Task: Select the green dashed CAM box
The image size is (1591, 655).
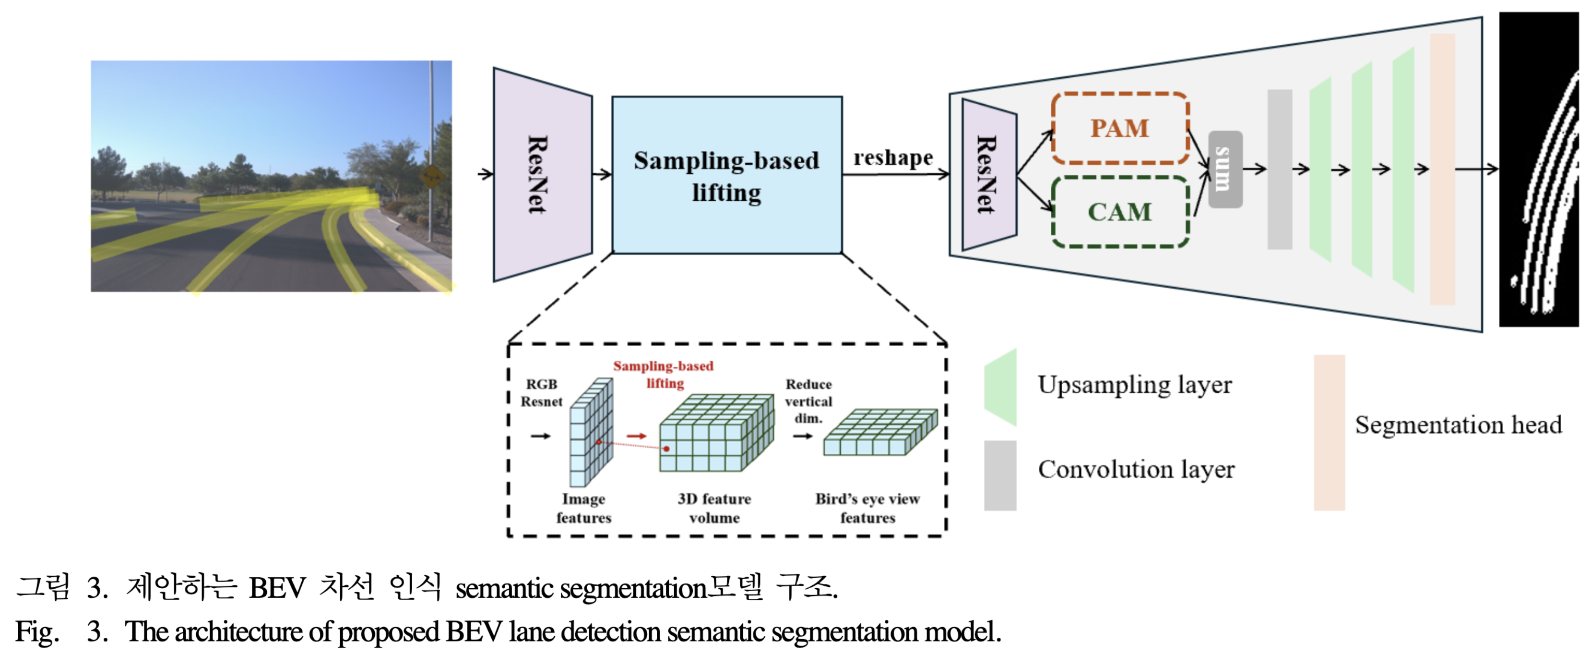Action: click(1120, 212)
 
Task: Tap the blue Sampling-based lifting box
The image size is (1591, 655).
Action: click(726, 175)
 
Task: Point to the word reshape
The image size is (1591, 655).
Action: click(892, 158)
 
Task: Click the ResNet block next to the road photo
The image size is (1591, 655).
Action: click(542, 175)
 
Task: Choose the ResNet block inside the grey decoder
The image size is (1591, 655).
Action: click(989, 175)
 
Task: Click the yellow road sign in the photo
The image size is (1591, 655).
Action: click(431, 177)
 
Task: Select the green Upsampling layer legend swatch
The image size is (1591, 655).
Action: click(1000, 388)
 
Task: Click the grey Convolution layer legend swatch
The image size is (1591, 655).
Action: click(1000, 475)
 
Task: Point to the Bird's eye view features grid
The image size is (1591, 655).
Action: click(879, 433)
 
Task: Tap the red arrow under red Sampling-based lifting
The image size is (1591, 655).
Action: click(636, 436)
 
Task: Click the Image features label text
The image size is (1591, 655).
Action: click(583, 508)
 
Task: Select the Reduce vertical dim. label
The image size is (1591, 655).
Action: click(808, 401)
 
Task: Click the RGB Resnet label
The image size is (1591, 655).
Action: click(541, 393)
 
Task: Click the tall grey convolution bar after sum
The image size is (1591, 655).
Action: click(1279, 170)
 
